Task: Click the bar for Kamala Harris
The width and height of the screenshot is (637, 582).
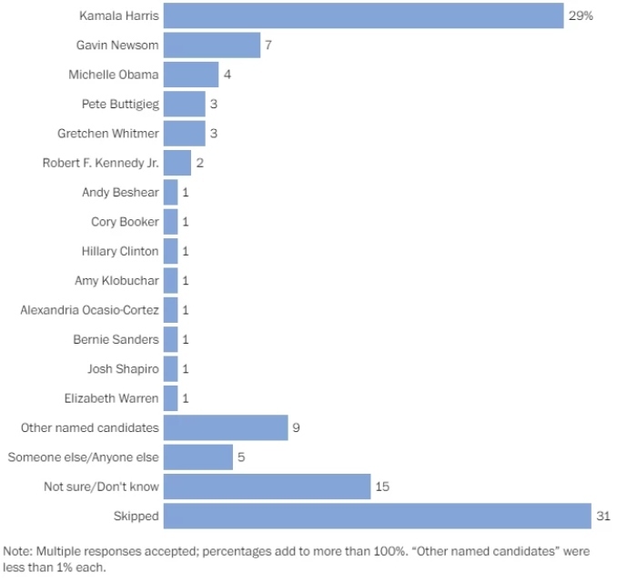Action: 364,15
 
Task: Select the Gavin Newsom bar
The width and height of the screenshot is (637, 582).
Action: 212,45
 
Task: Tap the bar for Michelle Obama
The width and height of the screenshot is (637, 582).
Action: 191,75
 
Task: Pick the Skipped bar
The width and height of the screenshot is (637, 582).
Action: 378,517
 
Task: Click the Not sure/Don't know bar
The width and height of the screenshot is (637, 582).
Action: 268,487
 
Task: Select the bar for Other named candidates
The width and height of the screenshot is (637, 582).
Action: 226,428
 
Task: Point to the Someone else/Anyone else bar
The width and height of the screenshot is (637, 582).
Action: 198,457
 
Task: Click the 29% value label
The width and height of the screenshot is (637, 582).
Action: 581,15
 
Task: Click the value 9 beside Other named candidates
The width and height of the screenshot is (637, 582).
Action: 297,428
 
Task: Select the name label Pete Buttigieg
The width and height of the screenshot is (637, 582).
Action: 120,104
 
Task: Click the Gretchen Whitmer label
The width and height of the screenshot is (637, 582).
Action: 108,134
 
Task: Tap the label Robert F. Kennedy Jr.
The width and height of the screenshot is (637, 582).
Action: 101,163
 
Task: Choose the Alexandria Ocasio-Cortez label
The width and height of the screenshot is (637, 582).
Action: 90,310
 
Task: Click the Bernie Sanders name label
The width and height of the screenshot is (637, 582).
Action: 116,340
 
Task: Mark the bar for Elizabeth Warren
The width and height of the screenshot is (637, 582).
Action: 170,398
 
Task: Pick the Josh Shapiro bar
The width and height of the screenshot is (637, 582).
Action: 170,369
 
